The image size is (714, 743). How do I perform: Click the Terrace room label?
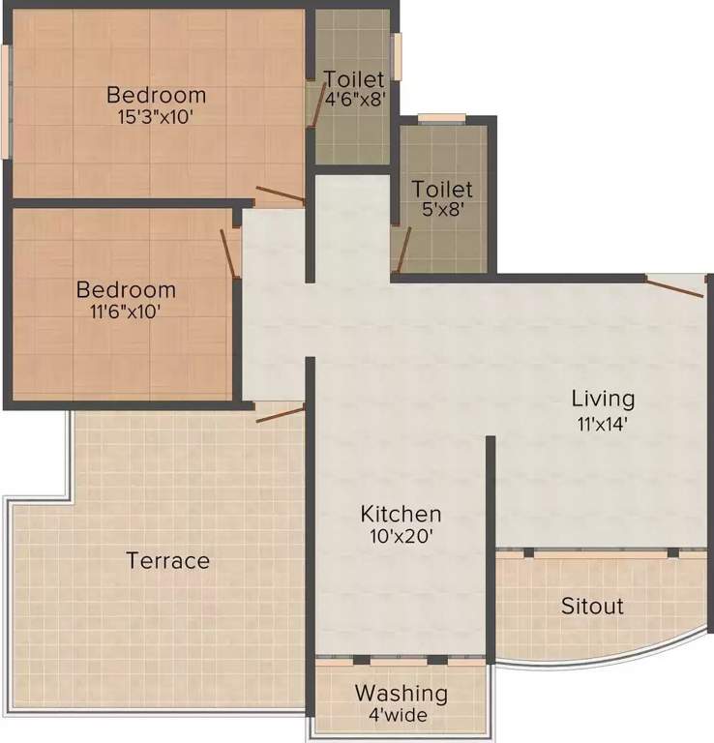[x=167, y=560]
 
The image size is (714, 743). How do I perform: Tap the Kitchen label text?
[x=401, y=514]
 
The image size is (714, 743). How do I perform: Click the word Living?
[x=603, y=398]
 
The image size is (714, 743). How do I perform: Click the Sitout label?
[x=592, y=607]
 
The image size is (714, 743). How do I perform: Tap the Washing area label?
[x=401, y=693]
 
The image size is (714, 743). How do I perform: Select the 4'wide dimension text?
[x=401, y=715]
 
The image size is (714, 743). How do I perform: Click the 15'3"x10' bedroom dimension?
[x=156, y=116]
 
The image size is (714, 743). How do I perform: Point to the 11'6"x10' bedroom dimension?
[x=126, y=311]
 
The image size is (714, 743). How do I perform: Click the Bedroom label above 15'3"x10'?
[x=156, y=95]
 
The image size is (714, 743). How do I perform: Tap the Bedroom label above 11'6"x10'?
[x=126, y=289]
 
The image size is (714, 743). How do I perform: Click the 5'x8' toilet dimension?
[x=442, y=211]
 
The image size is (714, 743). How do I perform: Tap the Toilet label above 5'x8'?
[x=442, y=189]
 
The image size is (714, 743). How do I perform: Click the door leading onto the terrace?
[x=281, y=414]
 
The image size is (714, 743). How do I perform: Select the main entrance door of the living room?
[x=675, y=285]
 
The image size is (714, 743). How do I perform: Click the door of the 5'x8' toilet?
[x=403, y=249]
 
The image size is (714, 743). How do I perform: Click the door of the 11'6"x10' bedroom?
[x=230, y=253]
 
